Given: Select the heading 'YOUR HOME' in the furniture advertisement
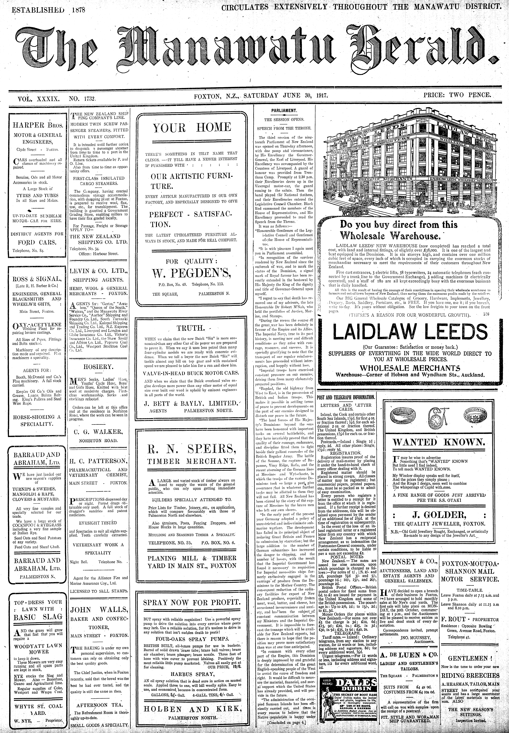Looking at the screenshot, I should [x=192, y=128].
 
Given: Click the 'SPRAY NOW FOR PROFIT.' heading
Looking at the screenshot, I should [x=192, y=603].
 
